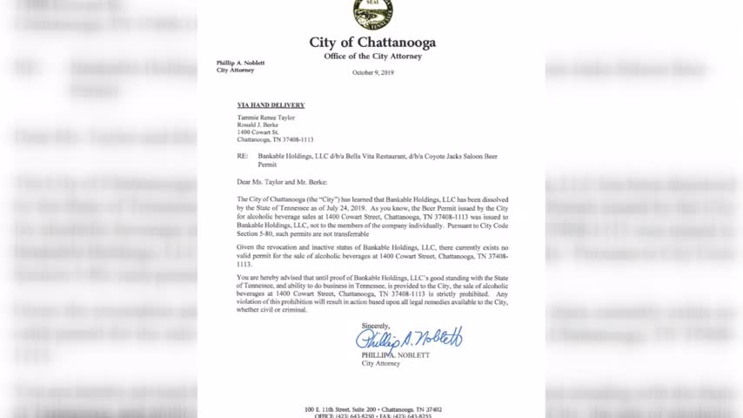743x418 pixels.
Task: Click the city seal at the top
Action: click(372, 14)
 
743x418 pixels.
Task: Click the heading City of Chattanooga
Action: click(372, 43)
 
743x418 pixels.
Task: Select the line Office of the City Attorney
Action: click(372, 57)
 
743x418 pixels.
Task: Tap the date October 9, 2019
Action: click(372, 72)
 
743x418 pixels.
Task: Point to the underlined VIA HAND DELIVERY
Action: click(271, 105)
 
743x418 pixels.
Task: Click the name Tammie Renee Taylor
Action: click(266, 118)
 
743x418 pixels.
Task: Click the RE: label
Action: click(243, 156)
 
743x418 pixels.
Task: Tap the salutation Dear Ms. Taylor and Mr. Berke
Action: click(282, 182)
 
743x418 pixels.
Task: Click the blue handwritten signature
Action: click(409, 338)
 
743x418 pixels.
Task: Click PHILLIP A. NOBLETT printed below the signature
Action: click(395, 355)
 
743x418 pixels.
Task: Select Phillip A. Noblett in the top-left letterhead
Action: click(240, 63)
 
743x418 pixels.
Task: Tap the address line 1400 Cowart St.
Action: click(258, 132)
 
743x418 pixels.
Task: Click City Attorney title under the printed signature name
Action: click(381, 363)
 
